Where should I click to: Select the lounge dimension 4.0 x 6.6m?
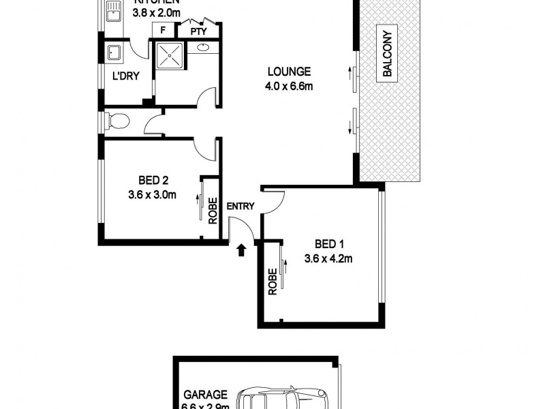pos(289,86)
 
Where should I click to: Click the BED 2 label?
pos(153,181)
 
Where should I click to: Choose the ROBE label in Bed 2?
pos(213,210)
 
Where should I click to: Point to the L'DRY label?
pos(125,76)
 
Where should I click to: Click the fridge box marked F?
pos(163,30)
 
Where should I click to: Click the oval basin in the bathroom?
pos(204,48)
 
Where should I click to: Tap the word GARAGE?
pos(204,395)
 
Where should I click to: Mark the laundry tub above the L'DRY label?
pos(114,52)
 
